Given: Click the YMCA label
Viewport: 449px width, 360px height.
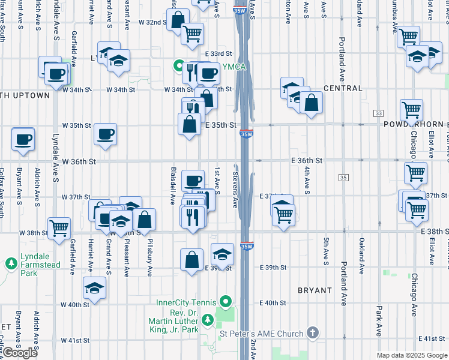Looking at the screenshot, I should click(234, 67).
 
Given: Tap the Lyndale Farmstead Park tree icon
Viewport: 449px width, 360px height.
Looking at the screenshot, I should click(11, 263).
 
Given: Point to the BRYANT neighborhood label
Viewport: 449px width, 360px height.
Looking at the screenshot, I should click(315, 290).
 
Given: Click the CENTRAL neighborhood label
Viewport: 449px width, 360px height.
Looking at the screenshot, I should click(343, 89).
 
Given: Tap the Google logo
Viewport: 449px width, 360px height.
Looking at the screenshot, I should click(19, 353).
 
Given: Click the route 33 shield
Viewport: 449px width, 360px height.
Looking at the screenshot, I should click(378, 113).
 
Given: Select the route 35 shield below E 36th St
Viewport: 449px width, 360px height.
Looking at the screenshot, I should click(343, 178).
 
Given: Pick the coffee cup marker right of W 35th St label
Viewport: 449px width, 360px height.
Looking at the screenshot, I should click(106, 134).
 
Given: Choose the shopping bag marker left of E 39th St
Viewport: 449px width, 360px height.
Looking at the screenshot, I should click(191, 259).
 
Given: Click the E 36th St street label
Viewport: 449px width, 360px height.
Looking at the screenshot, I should click(307, 161).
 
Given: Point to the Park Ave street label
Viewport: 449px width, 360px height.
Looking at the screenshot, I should click(379, 321).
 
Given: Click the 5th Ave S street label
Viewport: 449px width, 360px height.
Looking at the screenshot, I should click(327, 251).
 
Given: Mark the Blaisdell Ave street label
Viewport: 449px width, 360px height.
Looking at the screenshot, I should click(173, 187).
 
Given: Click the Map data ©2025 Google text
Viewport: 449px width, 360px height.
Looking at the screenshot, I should click(411, 355).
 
